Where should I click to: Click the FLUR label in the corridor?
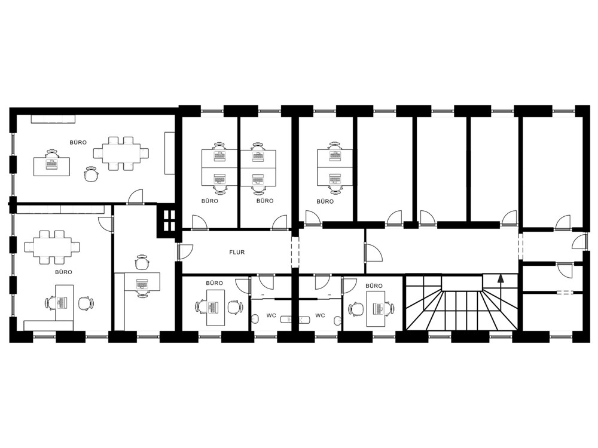click(x=237, y=252)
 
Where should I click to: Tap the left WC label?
click(x=271, y=315)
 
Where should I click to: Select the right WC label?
click(x=320, y=315)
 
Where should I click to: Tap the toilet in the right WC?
click(x=337, y=321)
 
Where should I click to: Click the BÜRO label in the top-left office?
click(x=78, y=143)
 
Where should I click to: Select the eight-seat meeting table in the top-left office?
click(x=121, y=154)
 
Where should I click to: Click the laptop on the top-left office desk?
click(x=51, y=164)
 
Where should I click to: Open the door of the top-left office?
click(x=135, y=197)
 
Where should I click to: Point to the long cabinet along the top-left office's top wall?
click(x=53, y=118)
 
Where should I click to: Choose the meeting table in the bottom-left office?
click(x=52, y=247)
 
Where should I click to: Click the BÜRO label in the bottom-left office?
click(x=63, y=272)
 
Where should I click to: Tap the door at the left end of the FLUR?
click(x=185, y=252)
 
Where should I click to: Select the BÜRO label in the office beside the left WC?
click(x=214, y=283)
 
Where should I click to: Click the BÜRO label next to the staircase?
click(x=374, y=286)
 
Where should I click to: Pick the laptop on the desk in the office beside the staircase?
click(x=379, y=309)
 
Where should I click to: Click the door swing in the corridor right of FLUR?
click(x=373, y=252)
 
